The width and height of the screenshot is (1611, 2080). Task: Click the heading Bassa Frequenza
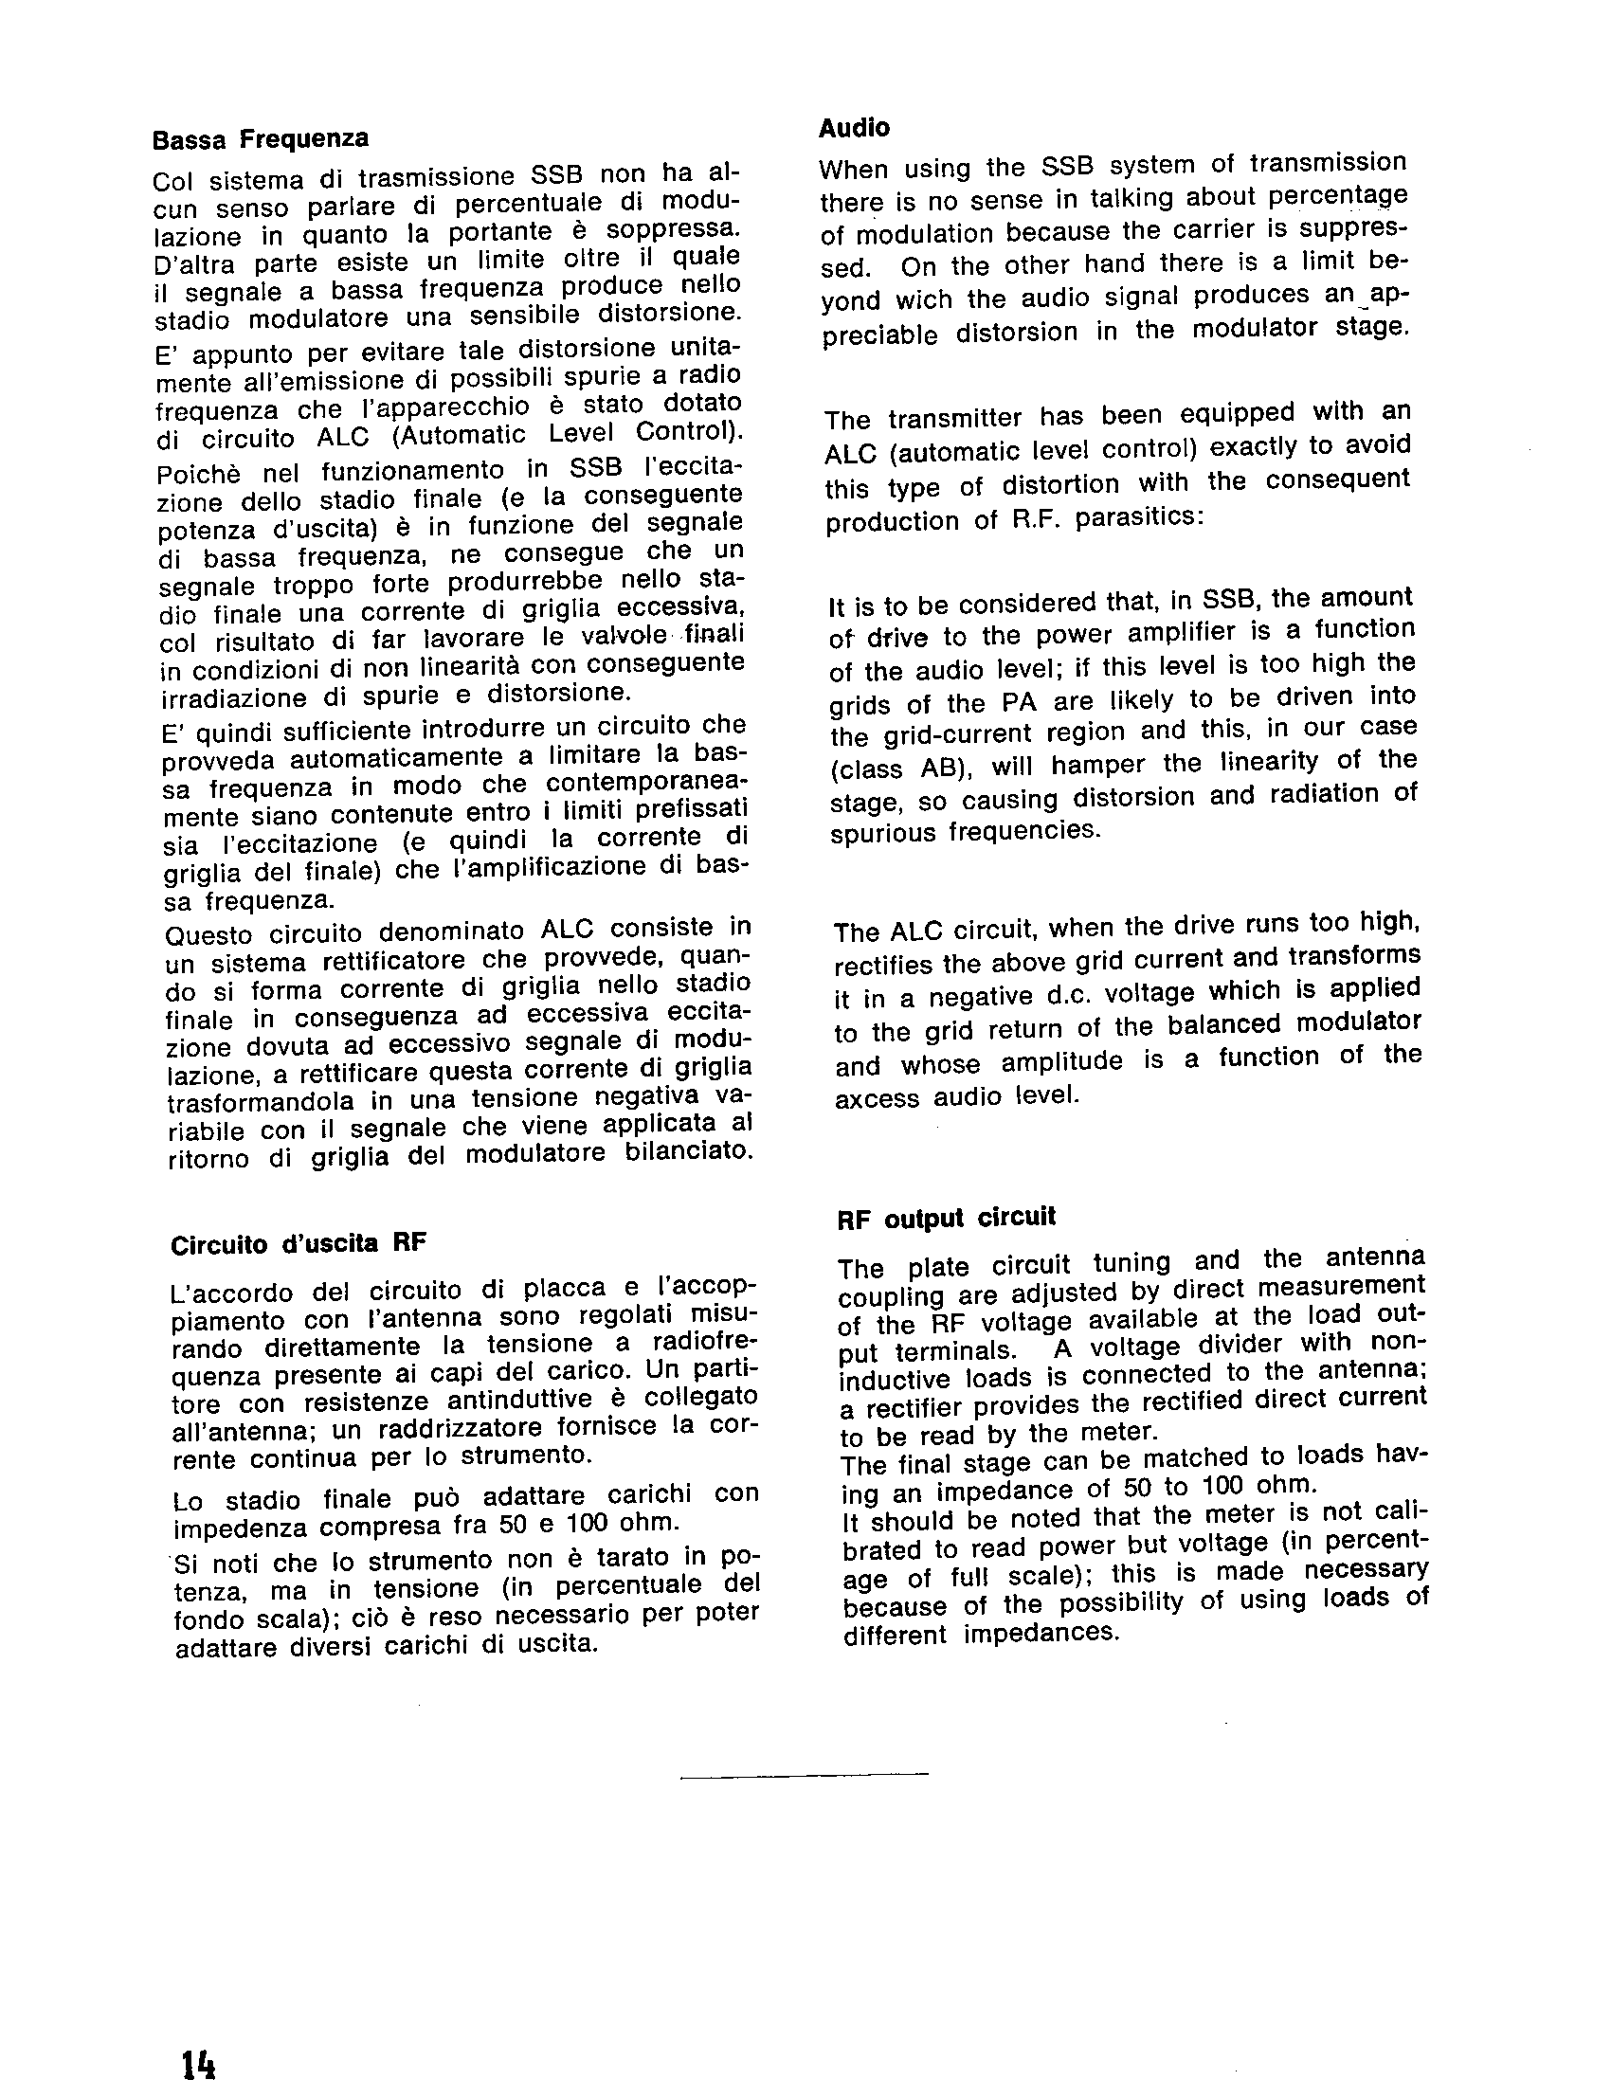pos(260,139)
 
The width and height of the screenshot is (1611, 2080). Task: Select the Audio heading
pos(855,127)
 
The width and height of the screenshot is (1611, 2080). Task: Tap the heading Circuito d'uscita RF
pos(298,1244)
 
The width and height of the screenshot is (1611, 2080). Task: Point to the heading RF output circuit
pos(947,1218)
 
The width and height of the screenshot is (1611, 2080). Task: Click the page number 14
pos(199,2057)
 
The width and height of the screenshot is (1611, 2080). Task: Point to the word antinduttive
pos(527,1401)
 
